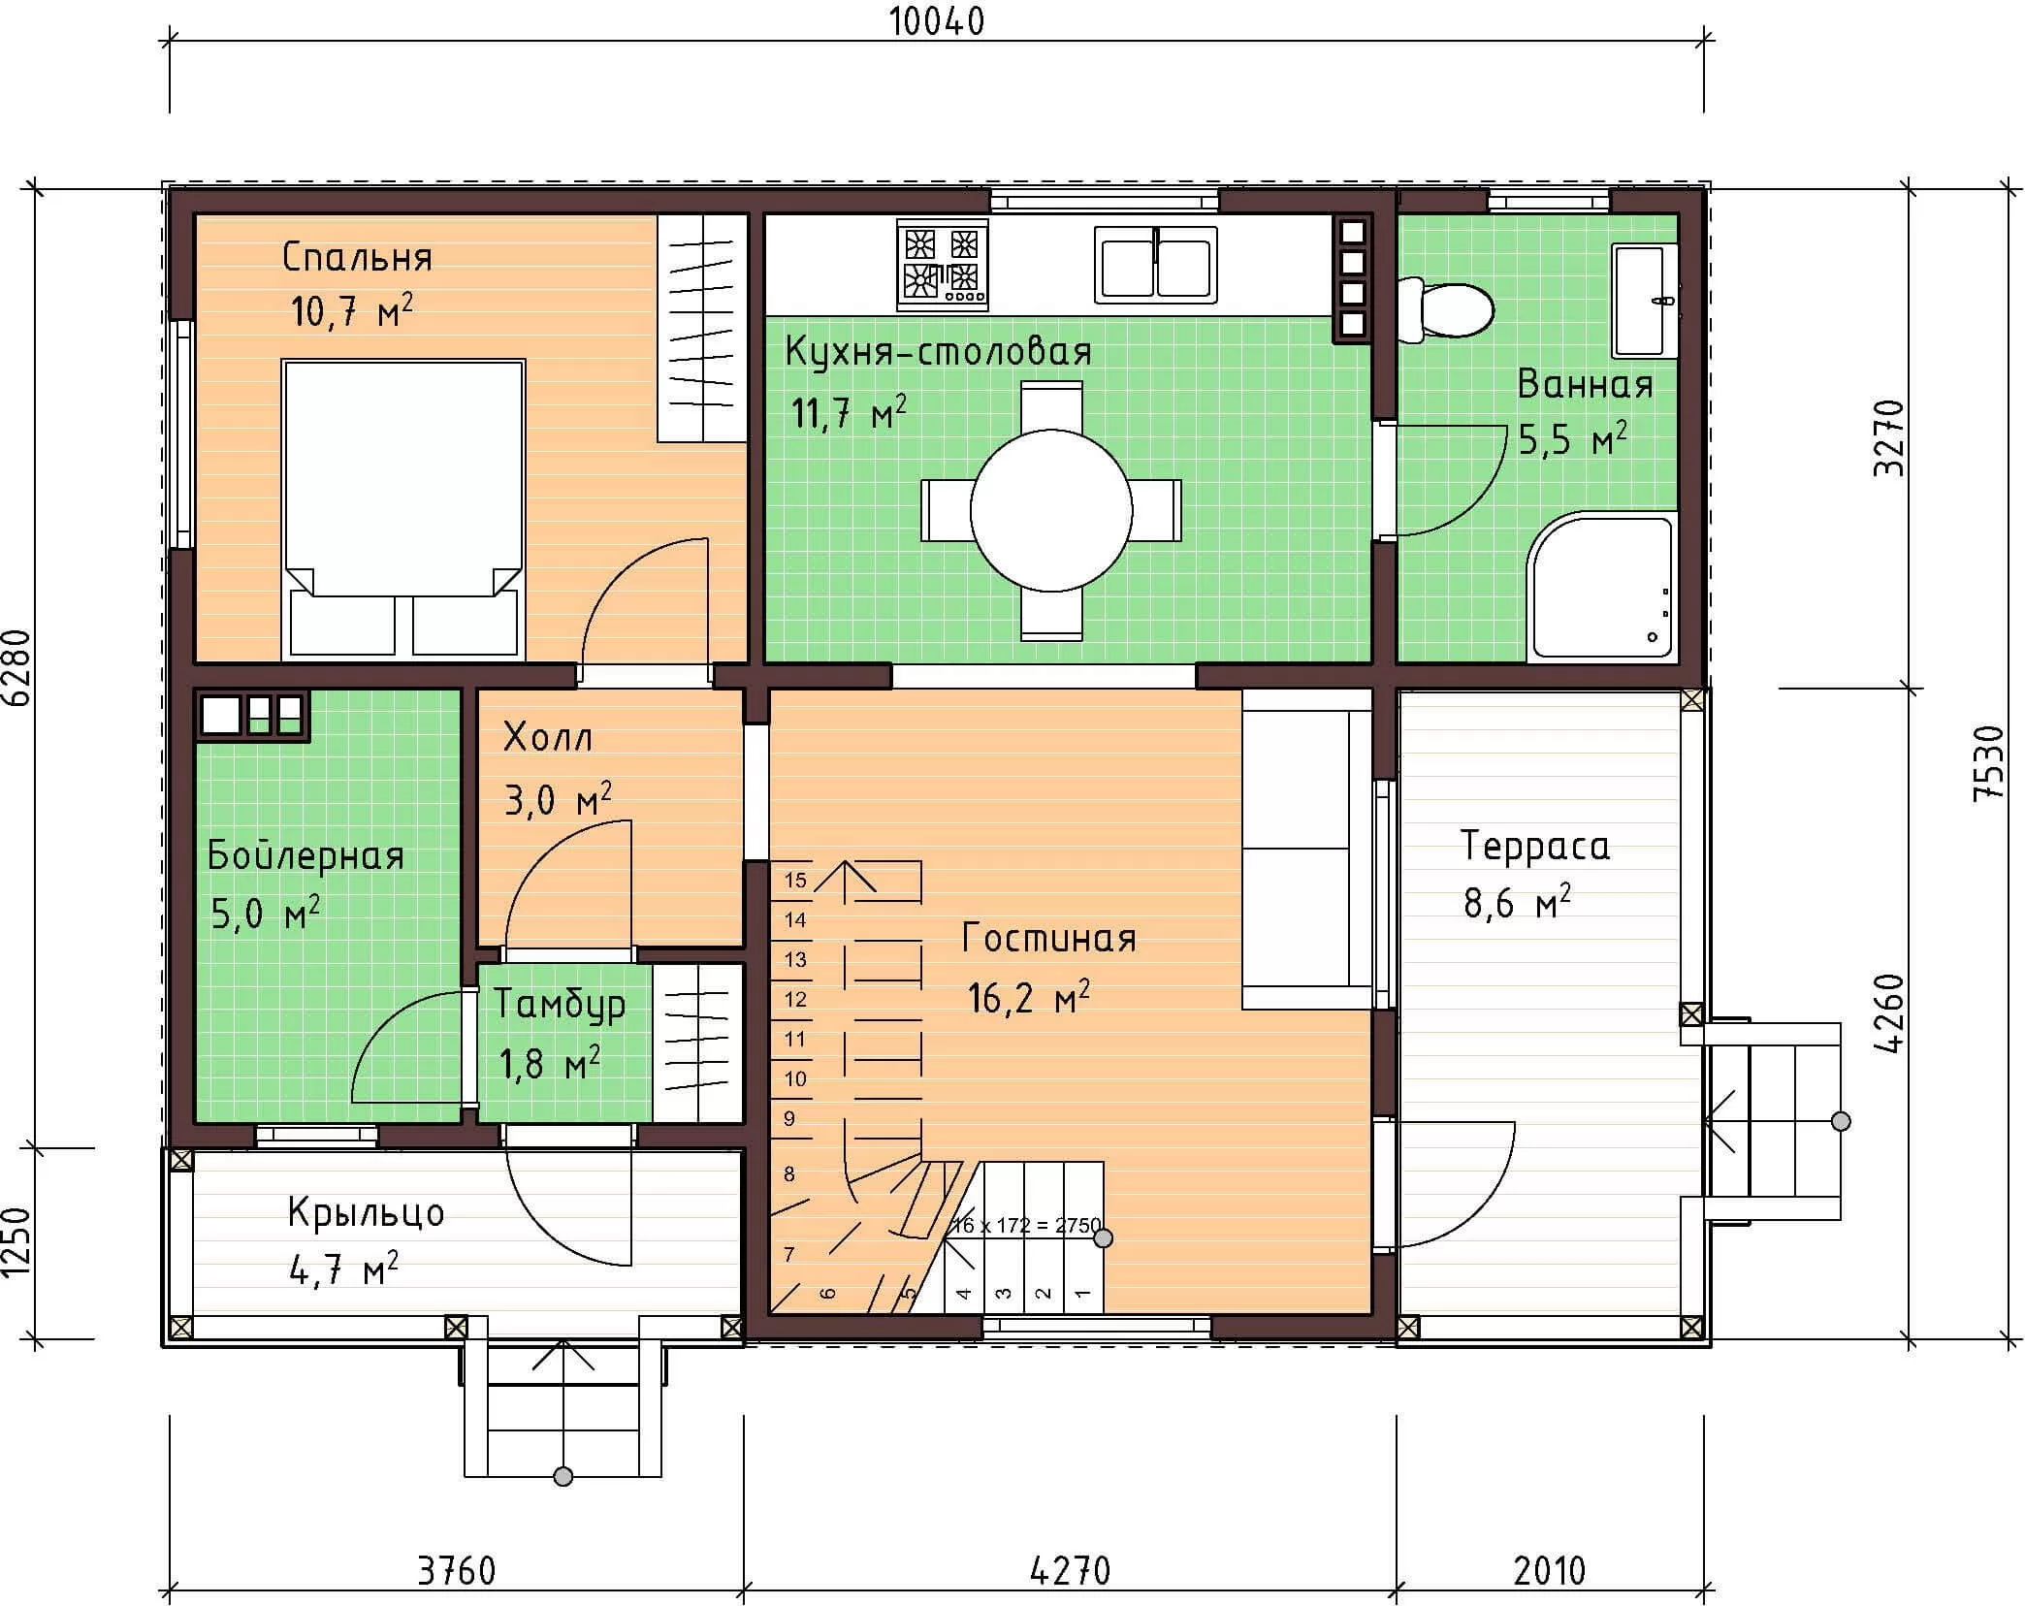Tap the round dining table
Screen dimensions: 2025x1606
point(1051,510)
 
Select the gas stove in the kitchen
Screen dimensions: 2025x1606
point(943,265)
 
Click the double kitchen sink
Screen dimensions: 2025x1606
point(1155,265)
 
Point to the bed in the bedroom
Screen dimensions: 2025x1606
point(403,510)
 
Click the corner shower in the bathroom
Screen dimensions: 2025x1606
point(1602,588)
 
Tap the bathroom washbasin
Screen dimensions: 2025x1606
point(1645,301)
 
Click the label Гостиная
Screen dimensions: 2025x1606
point(1049,939)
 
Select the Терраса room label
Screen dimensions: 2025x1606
point(1535,847)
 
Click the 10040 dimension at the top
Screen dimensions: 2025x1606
point(937,21)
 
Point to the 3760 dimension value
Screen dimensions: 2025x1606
point(456,1571)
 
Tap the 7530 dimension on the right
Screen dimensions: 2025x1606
point(1988,762)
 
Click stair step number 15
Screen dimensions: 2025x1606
point(795,881)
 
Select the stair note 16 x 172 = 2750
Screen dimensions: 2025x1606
point(1026,1225)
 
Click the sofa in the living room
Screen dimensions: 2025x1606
point(1307,849)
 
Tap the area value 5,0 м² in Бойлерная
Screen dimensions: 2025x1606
point(265,914)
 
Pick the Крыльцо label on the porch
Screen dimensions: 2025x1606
point(367,1213)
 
